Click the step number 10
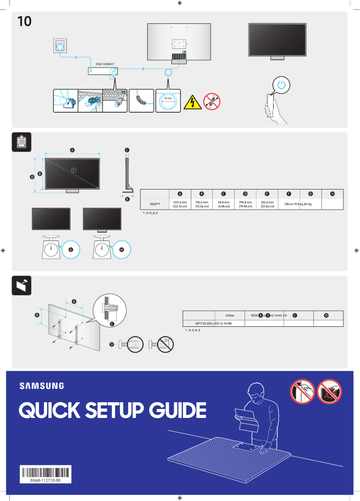(24, 21)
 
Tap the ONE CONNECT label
(105, 64)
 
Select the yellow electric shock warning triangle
(193, 101)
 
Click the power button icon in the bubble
(281, 84)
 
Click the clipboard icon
(21, 142)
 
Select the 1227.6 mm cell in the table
(180, 204)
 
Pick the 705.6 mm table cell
(202, 204)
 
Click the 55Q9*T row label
(155, 204)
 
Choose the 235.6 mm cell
(267, 204)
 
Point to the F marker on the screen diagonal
(74, 170)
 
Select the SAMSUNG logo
(41, 386)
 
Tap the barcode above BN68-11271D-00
(45, 472)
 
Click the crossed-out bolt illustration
(162, 345)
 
